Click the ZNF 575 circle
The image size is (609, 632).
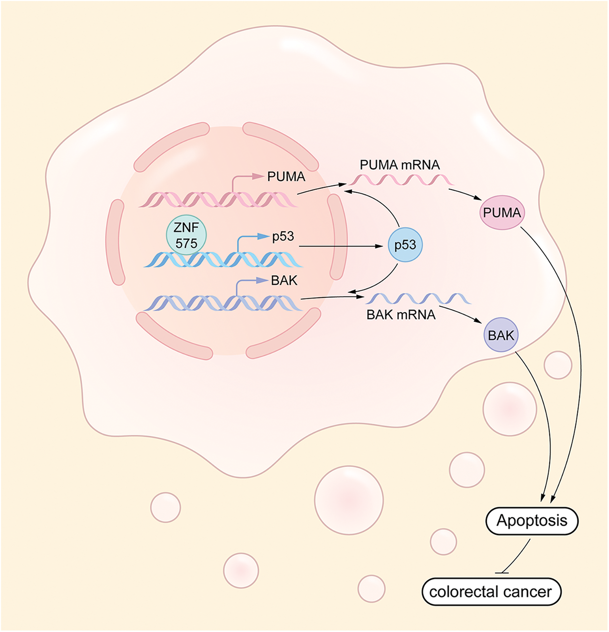click(186, 235)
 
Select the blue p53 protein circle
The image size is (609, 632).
click(405, 245)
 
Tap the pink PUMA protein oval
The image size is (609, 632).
click(502, 213)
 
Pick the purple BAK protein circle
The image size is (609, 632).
click(501, 335)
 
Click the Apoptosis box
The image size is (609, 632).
click(532, 521)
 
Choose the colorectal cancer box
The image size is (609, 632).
click(491, 592)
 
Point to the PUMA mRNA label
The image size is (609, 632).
click(400, 165)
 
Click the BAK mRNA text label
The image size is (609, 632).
click(401, 315)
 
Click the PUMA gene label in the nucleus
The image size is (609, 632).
click(286, 177)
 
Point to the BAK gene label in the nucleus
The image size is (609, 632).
click(284, 281)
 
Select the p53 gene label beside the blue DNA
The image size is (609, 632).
click(283, 236)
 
